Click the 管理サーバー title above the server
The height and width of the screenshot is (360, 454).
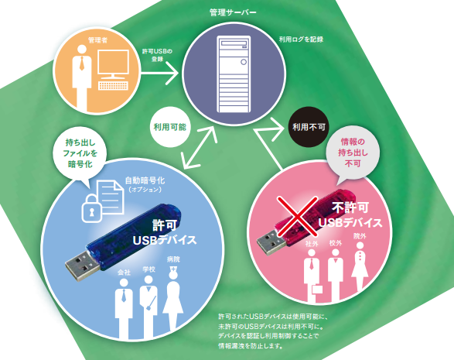[x=233, y=12]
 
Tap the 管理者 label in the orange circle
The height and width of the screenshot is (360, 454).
[x=98, y=40]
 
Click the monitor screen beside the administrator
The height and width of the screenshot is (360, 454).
[x=113, y=62]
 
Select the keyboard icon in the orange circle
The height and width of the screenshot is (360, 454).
[x=113, y=86]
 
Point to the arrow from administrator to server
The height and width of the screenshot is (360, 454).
[x=159, y=74]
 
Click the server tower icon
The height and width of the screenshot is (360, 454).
[x=234, y=74]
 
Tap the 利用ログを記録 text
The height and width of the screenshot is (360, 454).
[x=301, y=39]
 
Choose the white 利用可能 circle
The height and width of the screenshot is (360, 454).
[x=170, y=127]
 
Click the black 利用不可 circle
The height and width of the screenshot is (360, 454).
[x=309, y=127]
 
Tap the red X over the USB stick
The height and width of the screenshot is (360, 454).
[x=297, y=216]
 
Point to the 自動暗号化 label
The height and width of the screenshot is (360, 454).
[x=145, y=180]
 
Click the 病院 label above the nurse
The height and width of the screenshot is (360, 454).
[x=173, y=259]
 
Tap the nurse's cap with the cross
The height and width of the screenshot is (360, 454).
[x=173, y=270]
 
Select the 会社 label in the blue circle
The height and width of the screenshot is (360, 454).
[x=124, y=273]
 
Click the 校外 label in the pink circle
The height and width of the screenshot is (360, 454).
[x=336, y=243]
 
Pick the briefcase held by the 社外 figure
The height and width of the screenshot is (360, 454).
[x=317, y=290]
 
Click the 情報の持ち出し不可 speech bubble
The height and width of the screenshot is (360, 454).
[x=353, y=153]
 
